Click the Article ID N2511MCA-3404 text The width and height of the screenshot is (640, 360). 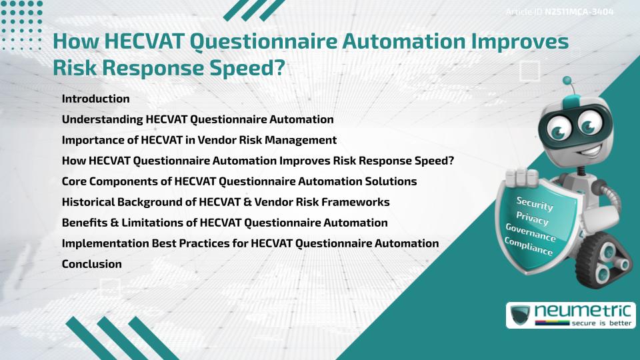coord(559,12)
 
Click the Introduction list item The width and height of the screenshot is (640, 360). coord(95,99)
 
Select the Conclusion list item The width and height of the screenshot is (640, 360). coord(91,264)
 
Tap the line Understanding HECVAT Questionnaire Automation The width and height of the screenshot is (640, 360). coord(197,119)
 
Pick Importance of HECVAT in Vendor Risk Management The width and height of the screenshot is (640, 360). coord(199,140)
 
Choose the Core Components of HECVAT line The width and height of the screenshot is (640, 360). coord(239,181)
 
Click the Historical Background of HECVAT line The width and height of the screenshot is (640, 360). coord(225,202)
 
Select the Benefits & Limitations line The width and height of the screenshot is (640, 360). coord(224,223)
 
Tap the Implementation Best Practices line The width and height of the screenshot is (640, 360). coord(250,243)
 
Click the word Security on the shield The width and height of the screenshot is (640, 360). coord(535,204)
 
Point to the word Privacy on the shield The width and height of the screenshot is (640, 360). coord(532,218)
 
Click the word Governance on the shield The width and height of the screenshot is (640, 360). coord(531,233)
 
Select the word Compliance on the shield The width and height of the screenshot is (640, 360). coord(529,247)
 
